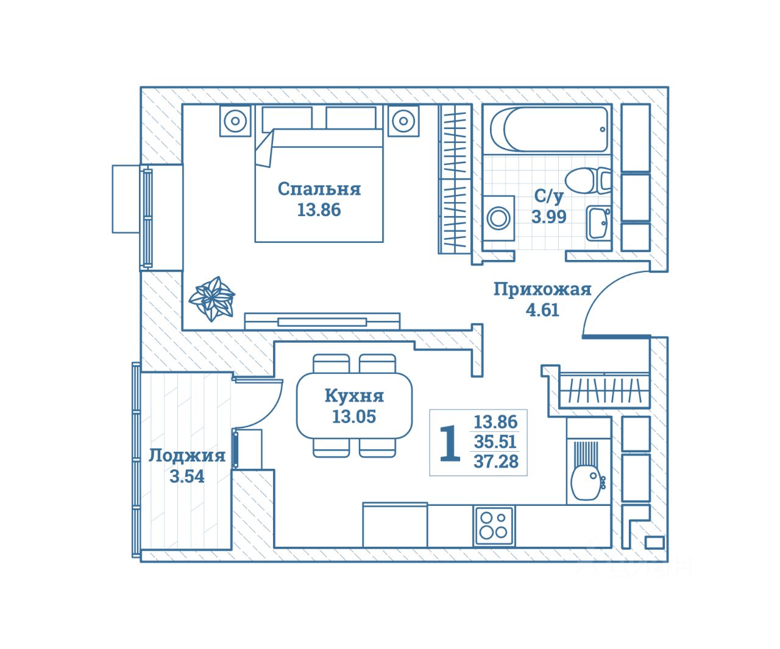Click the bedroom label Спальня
coord(319,189)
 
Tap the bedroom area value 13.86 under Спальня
coord(319,210)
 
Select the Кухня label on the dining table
coord(354,396)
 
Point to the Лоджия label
coord(187,456)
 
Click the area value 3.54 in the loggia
coord(187,477)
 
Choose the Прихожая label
coord(542,289)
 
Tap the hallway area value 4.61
coord(542,310)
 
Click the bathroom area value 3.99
coord(549,217)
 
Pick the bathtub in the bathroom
coord(549,130)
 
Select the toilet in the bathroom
coord(588,181)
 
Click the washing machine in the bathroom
coord(498,218)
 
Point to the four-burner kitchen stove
coord(494,526)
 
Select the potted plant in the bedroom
coord(212,298)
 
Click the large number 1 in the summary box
coord(450,443)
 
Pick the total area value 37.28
coord(496,461)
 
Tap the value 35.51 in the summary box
coord(495,442)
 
